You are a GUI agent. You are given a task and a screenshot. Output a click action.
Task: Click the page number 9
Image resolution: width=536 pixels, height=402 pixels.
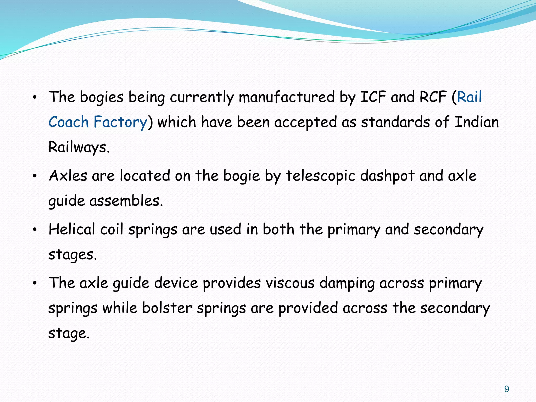507,389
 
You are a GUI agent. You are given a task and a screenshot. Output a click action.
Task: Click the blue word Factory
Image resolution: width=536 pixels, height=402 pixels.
120,122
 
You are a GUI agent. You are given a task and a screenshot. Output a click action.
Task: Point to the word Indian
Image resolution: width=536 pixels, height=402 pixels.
477,122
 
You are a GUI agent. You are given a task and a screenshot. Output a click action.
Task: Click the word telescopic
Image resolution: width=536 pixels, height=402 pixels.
320,176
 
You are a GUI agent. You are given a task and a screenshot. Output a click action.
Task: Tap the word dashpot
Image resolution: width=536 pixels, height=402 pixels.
387,176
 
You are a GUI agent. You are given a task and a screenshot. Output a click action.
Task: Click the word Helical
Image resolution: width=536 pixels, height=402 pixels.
72,229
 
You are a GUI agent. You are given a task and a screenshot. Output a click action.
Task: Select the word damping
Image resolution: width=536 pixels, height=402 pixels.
347,283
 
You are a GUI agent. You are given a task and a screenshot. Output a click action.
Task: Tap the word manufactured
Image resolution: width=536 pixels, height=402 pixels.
287,97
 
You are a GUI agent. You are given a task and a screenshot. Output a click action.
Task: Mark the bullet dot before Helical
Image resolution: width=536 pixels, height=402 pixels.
35,230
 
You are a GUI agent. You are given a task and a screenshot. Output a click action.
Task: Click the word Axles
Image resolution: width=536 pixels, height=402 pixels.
68,176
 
